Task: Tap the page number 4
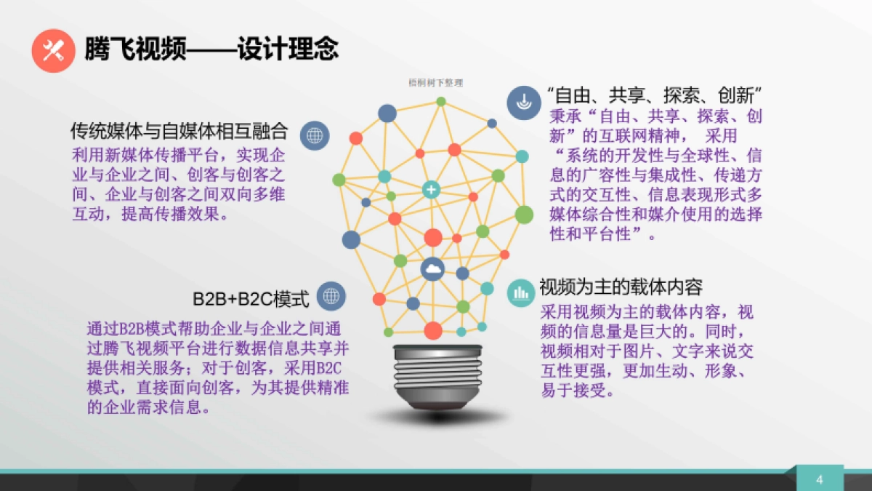[820, 479]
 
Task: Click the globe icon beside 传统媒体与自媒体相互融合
[315, 135]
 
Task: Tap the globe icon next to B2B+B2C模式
[331, 296]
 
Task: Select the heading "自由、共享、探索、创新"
[653, 95]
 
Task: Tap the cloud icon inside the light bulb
[433, 270]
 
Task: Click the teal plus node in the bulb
[432, 190]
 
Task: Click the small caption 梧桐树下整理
[435, 83]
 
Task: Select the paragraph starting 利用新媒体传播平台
[178, 185]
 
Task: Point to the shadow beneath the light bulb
[434, 418]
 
